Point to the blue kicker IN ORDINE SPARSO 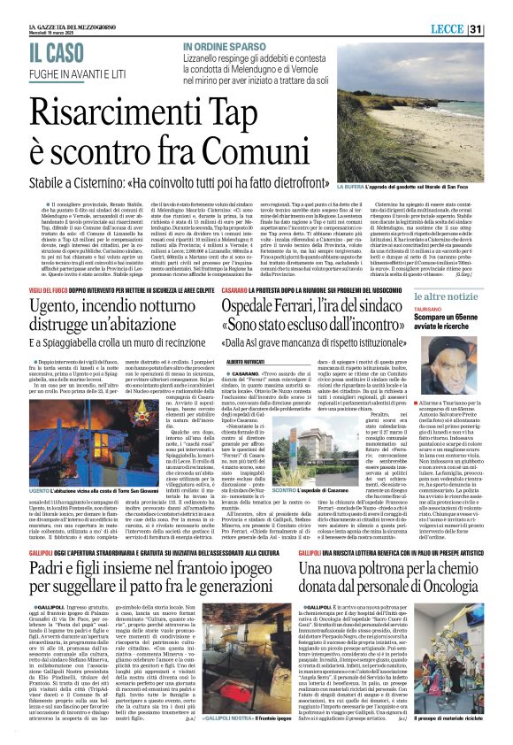(222, 47)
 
